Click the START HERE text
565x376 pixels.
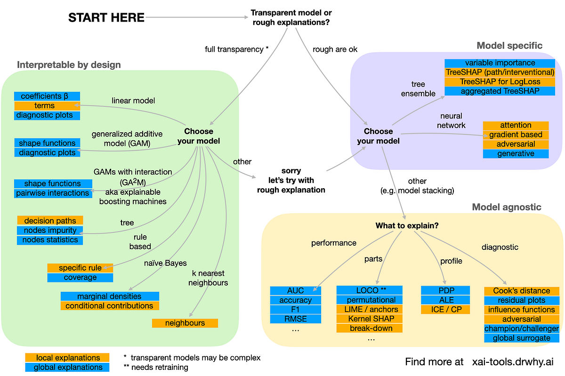point(106,18)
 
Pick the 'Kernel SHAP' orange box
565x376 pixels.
point(370,319)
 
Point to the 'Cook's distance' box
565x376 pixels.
point(521,291)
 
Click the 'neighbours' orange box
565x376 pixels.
point(185,323)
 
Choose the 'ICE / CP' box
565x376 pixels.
point(445,309)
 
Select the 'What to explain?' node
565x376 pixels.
point(407,226)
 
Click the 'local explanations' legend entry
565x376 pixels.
point(68,358)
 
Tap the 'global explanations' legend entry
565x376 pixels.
point(68,367)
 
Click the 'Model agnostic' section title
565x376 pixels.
point(507,207)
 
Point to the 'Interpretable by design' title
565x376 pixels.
point(69,64)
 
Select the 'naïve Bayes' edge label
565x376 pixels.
point(165,263)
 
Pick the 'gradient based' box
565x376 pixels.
point(516,135)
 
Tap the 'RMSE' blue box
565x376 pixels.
point(296,319)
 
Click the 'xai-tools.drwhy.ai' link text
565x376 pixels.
point(513,361)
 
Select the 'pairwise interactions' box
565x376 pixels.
point(53,193)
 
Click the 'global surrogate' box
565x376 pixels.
point(521,338)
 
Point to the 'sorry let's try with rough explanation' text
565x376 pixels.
point(291,180)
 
